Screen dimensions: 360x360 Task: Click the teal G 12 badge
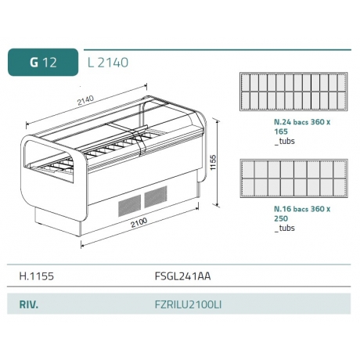click(43, 62)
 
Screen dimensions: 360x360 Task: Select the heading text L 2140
click(108, 63)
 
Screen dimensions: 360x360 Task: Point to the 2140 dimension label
click(85, 100)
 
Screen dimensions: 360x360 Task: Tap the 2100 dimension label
click(139, 222)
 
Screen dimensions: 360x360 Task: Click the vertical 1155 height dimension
click(213, 163)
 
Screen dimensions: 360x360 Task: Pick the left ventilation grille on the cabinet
click(129, 205)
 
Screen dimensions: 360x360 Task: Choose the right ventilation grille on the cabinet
click(156, 197)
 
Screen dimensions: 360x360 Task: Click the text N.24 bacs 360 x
click(302, 122)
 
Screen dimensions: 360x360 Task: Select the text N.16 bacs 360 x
click(302, 209)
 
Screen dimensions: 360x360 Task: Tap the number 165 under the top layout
click(281, 131)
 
